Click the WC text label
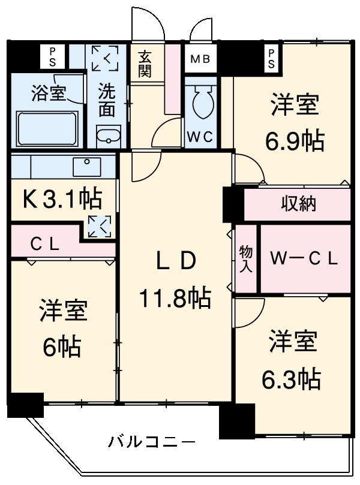tap(199, 136)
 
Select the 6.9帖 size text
tap(295, 141)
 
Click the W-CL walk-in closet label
tap(304, 259)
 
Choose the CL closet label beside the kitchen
tap(45, 243)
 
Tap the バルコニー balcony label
tap(152, 444)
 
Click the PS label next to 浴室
tap(53, 57)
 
